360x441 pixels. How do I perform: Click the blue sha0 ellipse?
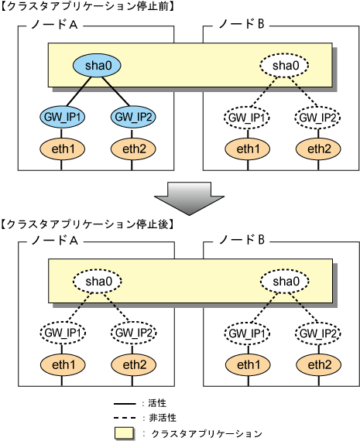pyautogui.click(x=97, y=66)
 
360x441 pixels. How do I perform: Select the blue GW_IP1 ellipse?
pyautogui.click(x=63, y=117)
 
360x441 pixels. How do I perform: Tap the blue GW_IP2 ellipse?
pyautogui.click(x=133, y=117)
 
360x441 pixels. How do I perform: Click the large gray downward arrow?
pyautogui.click(x=189, y=199)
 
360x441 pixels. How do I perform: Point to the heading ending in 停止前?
pyautogui.click(x=87, y=6)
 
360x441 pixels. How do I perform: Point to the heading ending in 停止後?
pyautogui.click(x=87, y=224)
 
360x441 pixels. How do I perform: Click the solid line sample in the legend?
pyautogui.click(x=125, y=404)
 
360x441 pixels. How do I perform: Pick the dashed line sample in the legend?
pyautogui.click(x=125, y=419)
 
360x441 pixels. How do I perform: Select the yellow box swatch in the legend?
pyautogui.click(x=124, y=433)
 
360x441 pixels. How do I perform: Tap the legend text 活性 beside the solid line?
pyautogui.click(x=157, y=403)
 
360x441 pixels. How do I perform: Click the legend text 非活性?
pyautogui.click(x=163, y=418)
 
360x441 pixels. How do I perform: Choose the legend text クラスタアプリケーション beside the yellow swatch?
pyautogui.click(x=207, y=433)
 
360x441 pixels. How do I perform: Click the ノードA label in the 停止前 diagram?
pyautogui.click(x=54, y=25)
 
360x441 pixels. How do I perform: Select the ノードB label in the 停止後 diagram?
pyautogui.click(x=242, y=240)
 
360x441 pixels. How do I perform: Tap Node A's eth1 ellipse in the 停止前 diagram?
pyautogui.click(x=63, y=149)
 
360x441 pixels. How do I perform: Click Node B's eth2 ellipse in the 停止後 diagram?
pyautogui.click(x=319, y=364)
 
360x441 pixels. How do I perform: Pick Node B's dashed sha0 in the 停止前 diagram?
pyautogui.click(x=284, y=66)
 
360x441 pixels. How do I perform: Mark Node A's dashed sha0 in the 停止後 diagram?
pyautogui.click(x=98, y=282)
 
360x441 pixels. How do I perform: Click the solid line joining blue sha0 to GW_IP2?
pyautogui.click(x=115, y=91)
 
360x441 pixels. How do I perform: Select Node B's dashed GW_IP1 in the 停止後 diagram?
pyautogui.click(x=248, y=333)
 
